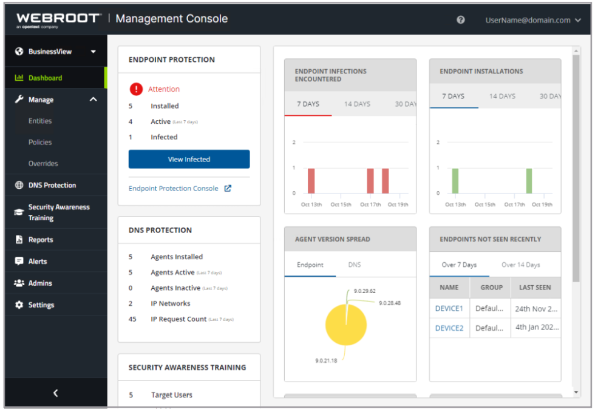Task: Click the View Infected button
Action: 189,159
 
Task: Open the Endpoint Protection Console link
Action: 174,188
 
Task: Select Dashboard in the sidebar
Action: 45,78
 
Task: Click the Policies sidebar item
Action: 40,142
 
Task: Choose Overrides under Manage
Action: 43,163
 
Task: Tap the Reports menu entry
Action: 41,240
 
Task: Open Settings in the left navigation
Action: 41,305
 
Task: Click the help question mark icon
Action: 461,20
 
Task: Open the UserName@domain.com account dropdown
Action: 528,20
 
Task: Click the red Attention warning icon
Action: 136,89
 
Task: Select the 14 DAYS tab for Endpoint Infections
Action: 357,104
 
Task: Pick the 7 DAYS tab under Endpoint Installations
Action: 453,96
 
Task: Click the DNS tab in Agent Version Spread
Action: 354,265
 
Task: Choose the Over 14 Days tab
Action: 520,265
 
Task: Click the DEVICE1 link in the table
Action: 449,308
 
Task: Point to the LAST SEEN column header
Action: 535,287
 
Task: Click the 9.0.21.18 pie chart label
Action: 326,360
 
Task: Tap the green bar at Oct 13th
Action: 455,181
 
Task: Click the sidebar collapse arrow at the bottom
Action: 55,393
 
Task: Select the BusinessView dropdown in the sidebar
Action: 55,52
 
